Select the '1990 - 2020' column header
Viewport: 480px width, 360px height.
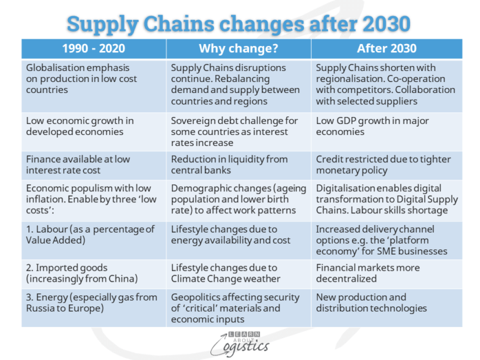click(x=93, y=48)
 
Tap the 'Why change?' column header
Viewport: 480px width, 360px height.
click(x=238, y=48)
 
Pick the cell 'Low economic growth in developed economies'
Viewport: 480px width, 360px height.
click(x=93, y=126)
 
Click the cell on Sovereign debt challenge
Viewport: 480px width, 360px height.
click(x=238, y=132)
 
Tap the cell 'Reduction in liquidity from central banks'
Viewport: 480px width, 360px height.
click(x=238, y=165)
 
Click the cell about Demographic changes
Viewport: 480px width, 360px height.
click(x=238, y=200)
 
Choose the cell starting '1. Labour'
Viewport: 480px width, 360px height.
click(x=93, y=235)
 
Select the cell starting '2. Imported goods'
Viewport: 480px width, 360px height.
click(x=93, y=273)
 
